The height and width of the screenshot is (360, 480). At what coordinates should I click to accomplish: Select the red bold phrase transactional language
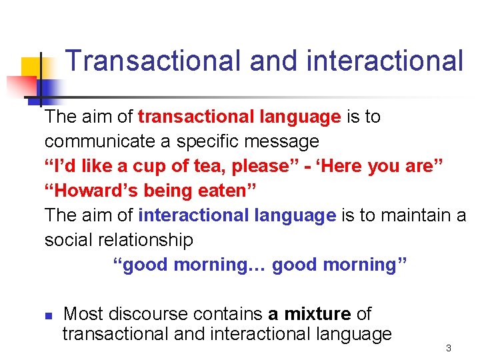pyautogui.click(x=239, y=117)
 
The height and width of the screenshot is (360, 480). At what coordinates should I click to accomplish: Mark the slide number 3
pyautogui.click(x=449, y=348)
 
